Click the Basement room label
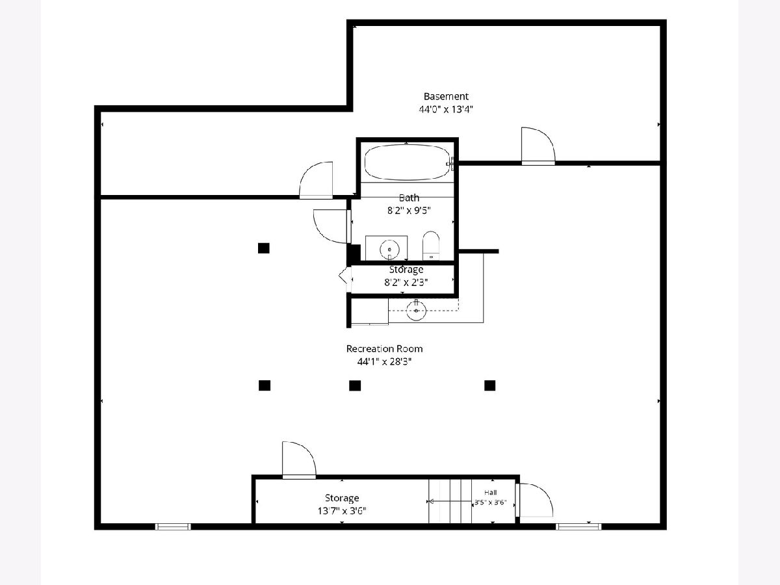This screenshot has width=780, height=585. (x=446, y=96)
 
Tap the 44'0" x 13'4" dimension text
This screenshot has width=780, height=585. (x=446, y=109)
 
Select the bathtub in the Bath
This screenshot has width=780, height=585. (x=408, y=162)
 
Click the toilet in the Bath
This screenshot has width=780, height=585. (x=431, y=246)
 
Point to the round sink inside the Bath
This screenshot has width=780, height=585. (x=389, y=250)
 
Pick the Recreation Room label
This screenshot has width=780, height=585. (x=385, y=349)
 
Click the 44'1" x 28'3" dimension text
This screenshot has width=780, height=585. (x=385, y=361)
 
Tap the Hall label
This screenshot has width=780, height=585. (x=490, y=492)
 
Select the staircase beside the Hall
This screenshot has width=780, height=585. (x=450, y=501)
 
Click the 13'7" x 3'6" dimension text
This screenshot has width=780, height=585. (x=342, y=511)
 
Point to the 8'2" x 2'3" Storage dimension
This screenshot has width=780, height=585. (x=406, y=282)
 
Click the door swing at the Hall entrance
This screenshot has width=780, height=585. (x=534, y=500)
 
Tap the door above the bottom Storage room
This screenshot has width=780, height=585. (x=299, y=460)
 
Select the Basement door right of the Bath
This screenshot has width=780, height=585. (x=538, y=146)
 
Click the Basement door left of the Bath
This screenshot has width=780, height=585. (x=316, y=180)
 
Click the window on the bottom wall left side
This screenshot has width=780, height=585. (x=173, y=526)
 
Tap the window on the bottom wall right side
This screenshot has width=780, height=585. (x=578, y=526)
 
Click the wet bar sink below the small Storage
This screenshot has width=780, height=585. (x=416, y=310)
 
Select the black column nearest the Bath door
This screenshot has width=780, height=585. (x=264, y=248)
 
